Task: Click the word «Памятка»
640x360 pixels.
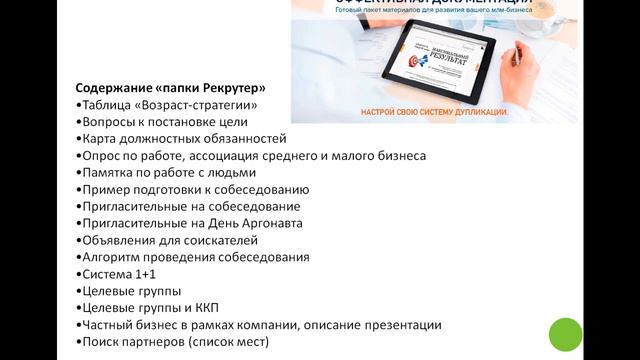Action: pyautogui.click(x=109, y=172)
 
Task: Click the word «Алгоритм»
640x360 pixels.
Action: pyautogui.click(x=112, y=257)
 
